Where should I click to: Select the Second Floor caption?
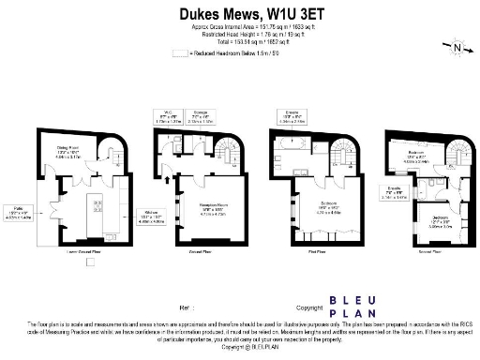click(x=430, y=252)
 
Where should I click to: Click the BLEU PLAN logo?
click(x=352, y=307)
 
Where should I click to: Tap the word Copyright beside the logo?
click(x=309, y=307)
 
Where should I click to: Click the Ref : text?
click(x=185, y=307)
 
